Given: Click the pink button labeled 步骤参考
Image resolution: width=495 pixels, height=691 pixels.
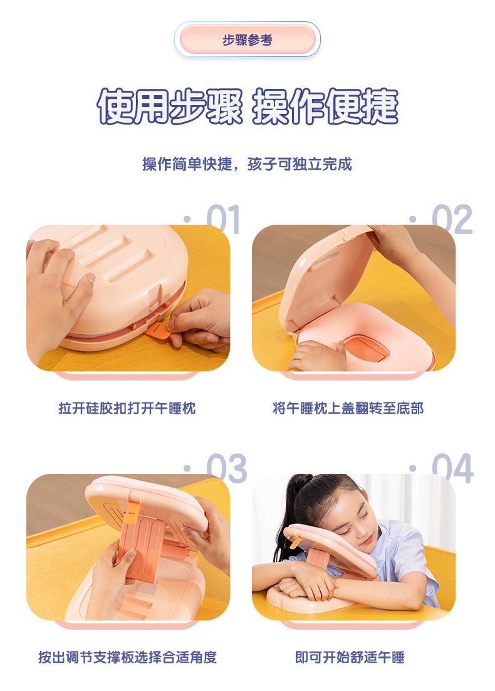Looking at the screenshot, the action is click(x=247, y=39).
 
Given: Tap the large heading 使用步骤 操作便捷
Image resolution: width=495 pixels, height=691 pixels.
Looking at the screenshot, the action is click(x=247, y=106).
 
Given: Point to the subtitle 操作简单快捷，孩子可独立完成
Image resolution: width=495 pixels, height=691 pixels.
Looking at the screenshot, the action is click(x=247, y=164).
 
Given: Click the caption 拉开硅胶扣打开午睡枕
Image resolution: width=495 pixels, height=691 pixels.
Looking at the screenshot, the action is click(x=127, y=408).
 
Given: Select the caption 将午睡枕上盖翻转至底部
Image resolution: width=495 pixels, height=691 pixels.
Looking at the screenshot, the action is click(x=348, y=408).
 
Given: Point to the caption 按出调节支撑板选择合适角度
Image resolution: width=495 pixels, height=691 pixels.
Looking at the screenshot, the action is click(x=127, y=657).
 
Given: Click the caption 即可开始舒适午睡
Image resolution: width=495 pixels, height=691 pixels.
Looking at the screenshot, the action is click(x=350, y=657).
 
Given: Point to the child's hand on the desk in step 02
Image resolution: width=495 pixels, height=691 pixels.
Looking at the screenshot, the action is click(x=318, y=356).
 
